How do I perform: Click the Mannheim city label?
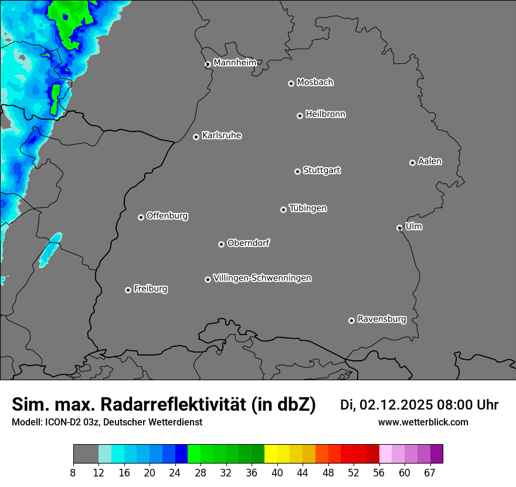pos(235,63)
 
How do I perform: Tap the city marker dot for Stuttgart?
pos(297,171)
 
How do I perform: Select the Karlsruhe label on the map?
pos(222,136)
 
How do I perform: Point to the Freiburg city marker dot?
pos(128,290)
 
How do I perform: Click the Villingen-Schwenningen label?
pos(262,278)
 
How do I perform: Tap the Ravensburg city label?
pos(382,319)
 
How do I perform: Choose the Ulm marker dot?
pos(399,228)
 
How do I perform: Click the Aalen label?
pos(430,161)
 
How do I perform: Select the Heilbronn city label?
pos(325,114)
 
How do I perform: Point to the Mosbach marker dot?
pos(291,83)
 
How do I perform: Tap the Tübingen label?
pos(308,208)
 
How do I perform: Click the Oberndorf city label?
pos(249,243)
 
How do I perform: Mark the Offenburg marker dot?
pos(141,217)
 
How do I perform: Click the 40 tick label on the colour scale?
pos(277,473)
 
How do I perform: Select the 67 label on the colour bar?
pos(430,473)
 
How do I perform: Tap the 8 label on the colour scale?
pos(73,473)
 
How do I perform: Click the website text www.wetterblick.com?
pos(423,422)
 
